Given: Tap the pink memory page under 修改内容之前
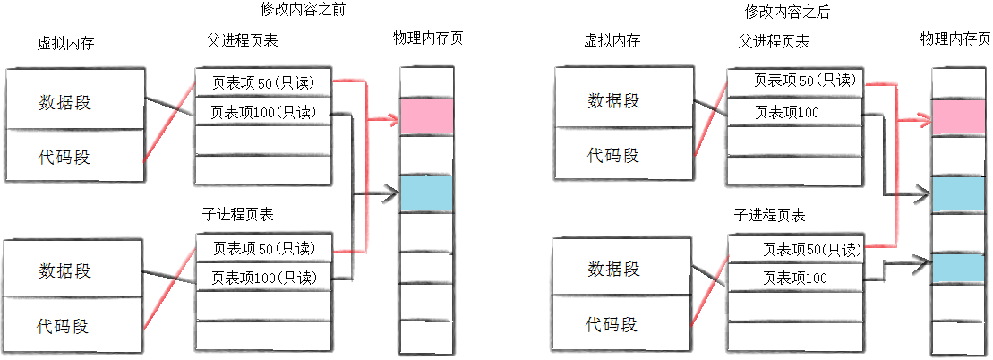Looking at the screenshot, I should (426, 116).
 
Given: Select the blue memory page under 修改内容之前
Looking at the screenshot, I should (426, 193).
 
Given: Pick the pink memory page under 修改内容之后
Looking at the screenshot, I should (957, 117).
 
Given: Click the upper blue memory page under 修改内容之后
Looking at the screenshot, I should (957, 194).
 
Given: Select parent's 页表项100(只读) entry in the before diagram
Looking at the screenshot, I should (263, 113).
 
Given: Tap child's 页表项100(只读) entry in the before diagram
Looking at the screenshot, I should (263, 277).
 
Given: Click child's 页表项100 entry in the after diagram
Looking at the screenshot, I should (794, 278).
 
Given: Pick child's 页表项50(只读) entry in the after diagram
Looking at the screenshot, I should (794, 249).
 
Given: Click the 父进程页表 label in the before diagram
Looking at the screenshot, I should (242, 42).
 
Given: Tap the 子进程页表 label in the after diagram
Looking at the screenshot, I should (769, 215).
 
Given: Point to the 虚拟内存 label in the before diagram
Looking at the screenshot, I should (64, 42).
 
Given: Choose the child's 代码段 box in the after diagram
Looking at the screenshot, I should (612, 322).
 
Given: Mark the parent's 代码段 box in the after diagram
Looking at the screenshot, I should (612, 155).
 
